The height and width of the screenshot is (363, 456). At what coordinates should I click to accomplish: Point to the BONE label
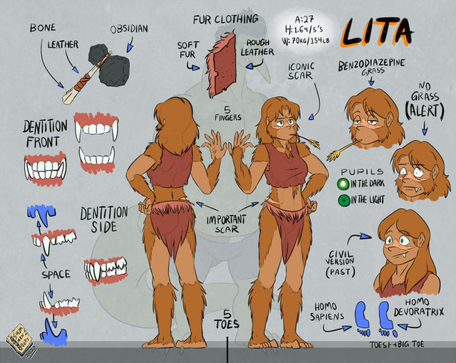[x=44, y=28]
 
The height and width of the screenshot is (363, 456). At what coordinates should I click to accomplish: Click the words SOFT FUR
[x=188, y=51]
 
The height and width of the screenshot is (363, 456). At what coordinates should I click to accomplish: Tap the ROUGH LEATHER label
[x=257, y=46]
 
